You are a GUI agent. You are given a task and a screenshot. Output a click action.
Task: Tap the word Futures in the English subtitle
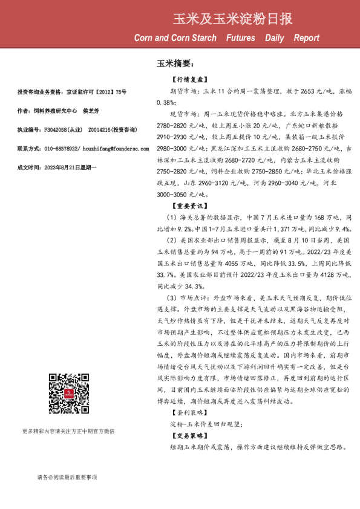(241, 38)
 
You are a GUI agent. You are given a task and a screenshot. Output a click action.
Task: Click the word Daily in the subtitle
(274, 38)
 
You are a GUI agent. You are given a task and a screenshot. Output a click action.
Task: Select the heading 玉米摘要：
(175, 63)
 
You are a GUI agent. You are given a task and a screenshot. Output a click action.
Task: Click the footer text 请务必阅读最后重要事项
(67, 478)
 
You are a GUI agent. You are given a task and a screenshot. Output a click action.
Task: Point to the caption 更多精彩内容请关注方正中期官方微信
(68, 448)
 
